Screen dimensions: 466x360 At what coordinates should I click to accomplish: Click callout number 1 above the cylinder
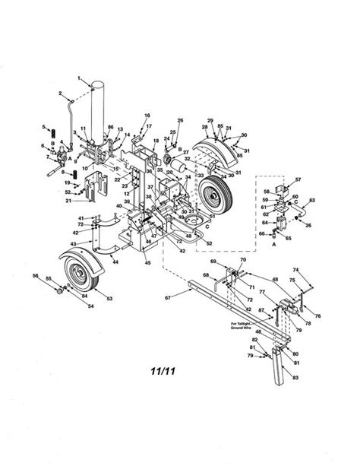[78, 78]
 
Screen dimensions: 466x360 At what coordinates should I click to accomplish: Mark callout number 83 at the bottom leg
[294, 377]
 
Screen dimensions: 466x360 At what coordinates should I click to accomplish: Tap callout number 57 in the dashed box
[298, 180]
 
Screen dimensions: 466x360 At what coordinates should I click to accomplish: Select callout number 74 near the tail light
[295, 269]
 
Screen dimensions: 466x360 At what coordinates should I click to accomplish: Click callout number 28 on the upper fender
[206, 127]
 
